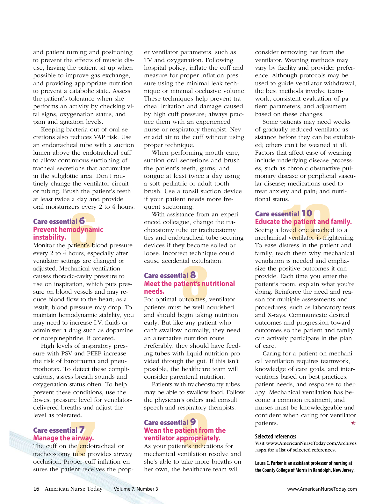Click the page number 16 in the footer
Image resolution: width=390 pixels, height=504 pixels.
pyautogui.click(x=36, y=489)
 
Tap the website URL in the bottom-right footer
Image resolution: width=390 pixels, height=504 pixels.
pyautogui.click(x=322, y=489)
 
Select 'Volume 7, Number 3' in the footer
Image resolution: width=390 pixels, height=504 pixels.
pyautogui.click(x=136, y=489)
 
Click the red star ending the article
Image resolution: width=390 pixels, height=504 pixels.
pyautogui.click(x=353, y=423)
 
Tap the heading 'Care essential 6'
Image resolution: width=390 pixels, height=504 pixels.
pyautogui.click(x=59, y=221)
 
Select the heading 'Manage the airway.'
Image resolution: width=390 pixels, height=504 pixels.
pyautogui.click(x=63, y=438)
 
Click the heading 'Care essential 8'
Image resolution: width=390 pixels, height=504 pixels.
pyautogui.click(x=170, y=275)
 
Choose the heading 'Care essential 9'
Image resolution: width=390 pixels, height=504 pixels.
pyautogui.click(x=170, y=423)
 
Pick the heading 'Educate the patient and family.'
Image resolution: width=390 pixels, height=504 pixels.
pyautogui.click(x=303, y=222)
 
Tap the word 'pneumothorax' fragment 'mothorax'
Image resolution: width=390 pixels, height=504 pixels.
pyautogui.click(x=48, y=369)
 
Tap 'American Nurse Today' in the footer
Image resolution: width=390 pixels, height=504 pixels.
pyautogui.click(x=73, y=489)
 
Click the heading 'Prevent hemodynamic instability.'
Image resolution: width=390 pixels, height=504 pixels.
pyautogui.click(x=68, y=233)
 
